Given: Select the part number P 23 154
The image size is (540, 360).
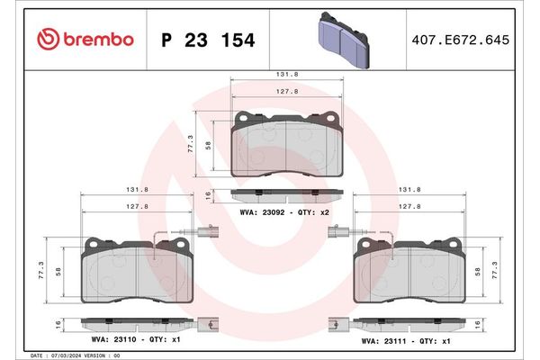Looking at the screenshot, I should [x=207, y=40].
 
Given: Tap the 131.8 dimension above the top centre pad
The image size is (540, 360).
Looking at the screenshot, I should [x=287, y=76].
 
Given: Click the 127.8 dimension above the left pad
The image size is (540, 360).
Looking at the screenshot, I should [x=137, y=206].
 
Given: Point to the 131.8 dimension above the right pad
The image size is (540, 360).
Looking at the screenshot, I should [x=410, y=190].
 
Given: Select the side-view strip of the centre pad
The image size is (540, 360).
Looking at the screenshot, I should [x=287, y=193].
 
